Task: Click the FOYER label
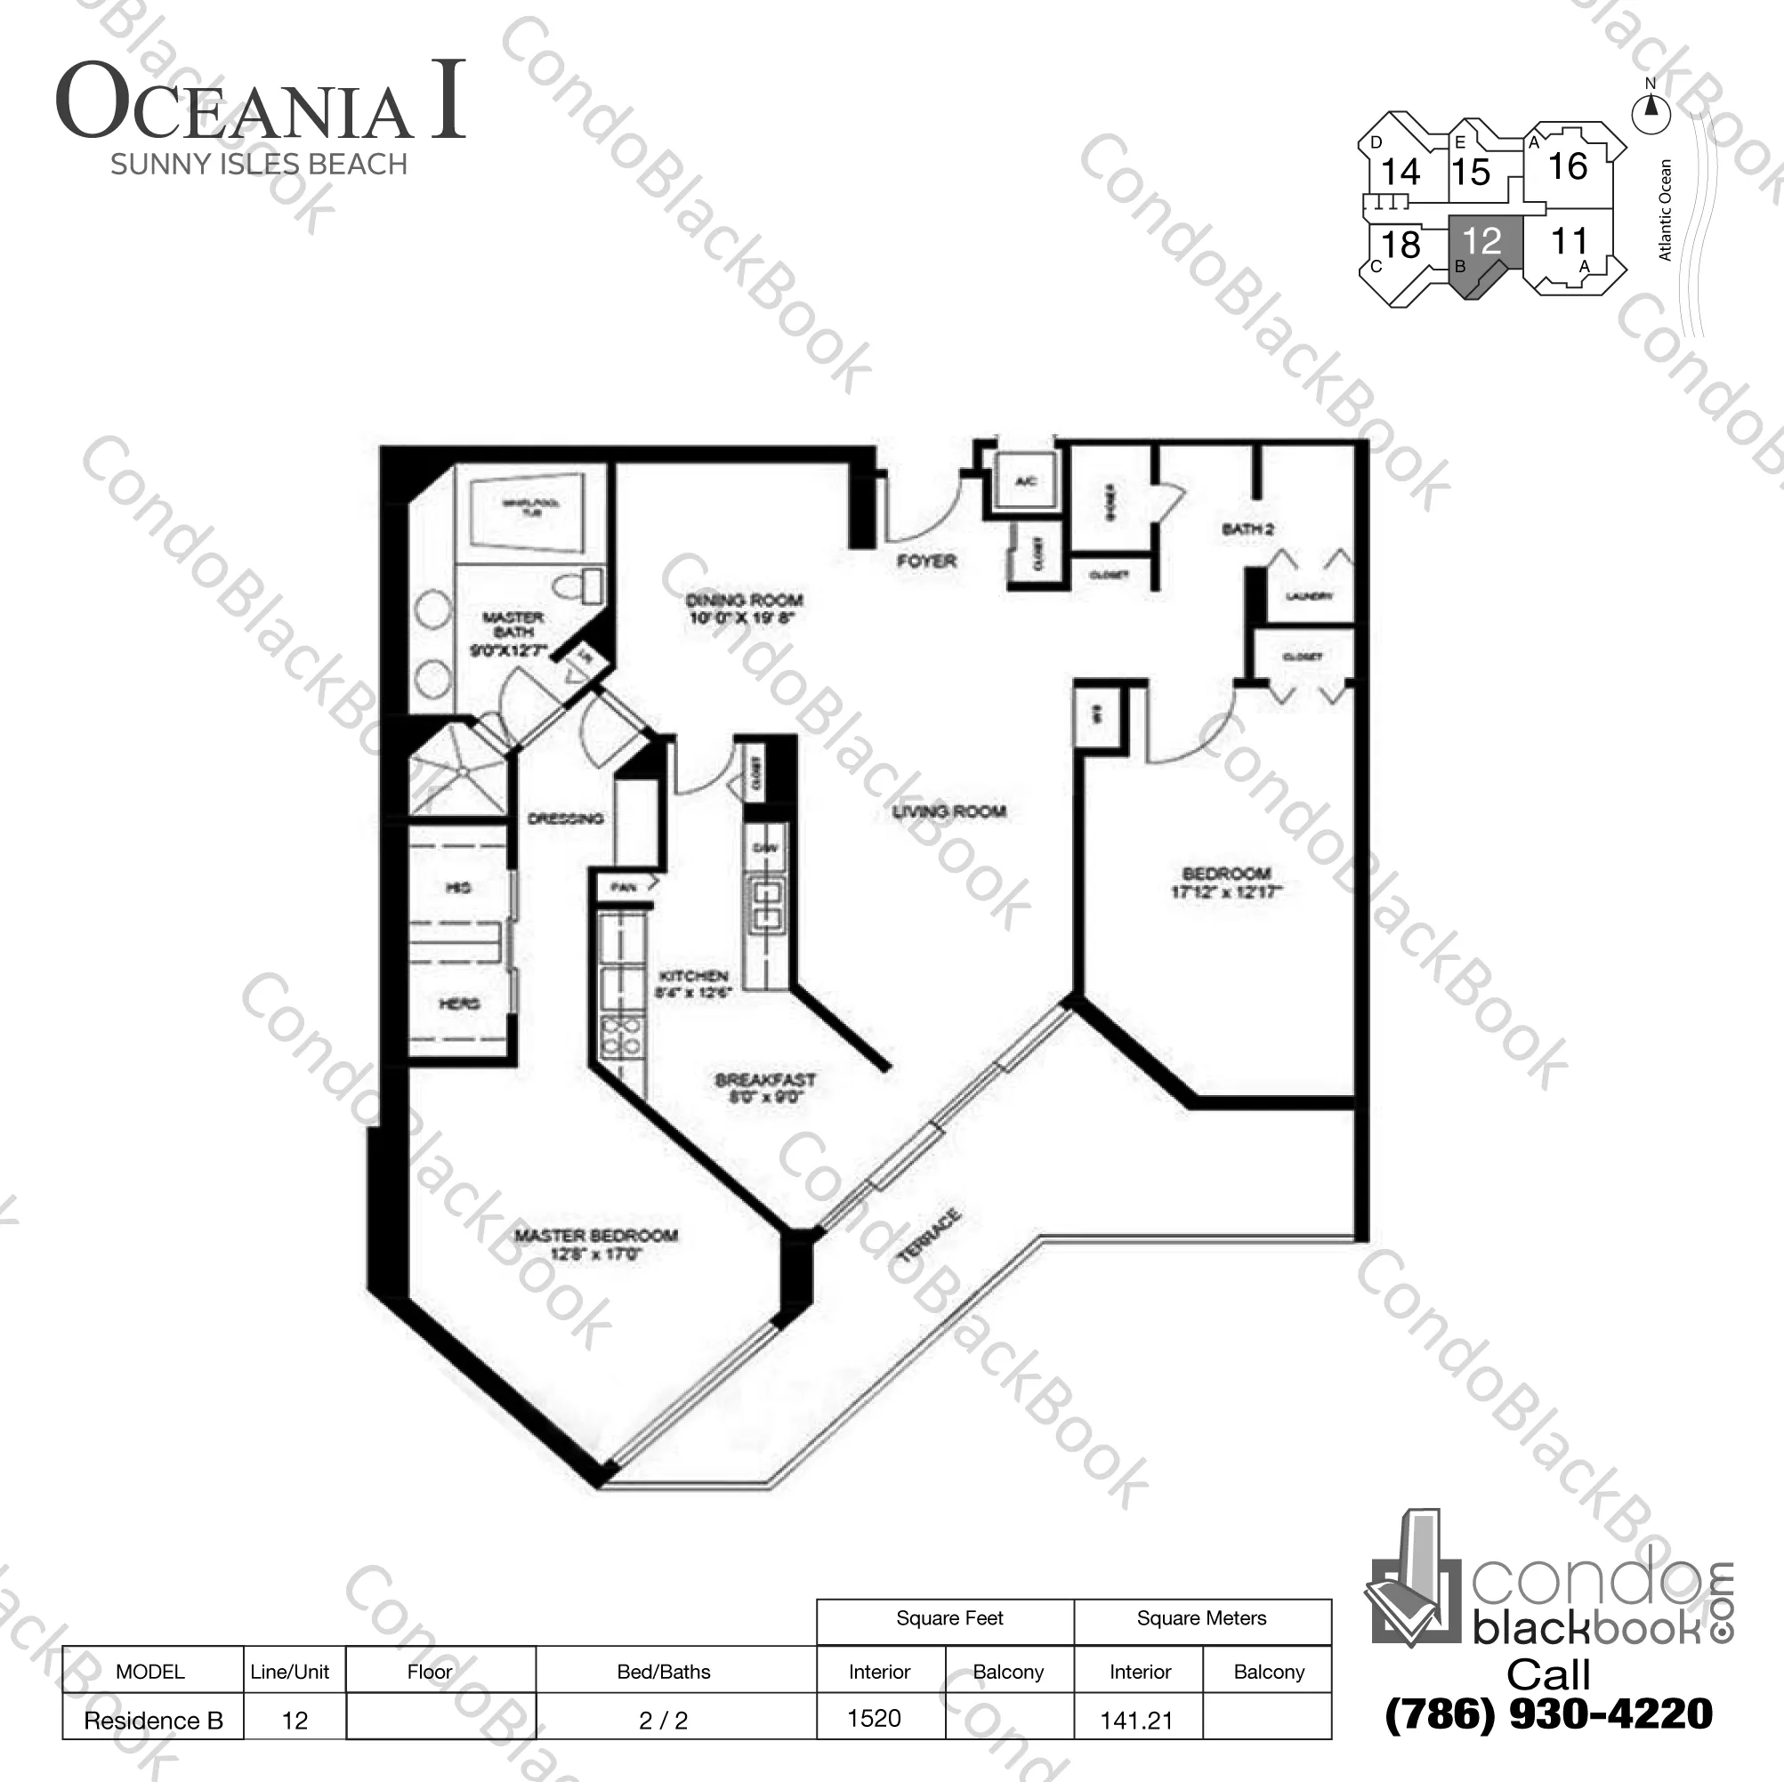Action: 926,561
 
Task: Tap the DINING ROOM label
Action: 743,601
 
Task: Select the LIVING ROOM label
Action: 949,811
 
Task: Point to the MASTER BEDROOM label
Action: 595,1236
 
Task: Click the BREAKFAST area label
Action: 764,1079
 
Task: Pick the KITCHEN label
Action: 693,976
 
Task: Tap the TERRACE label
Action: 929,1236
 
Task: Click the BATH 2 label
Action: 1247,529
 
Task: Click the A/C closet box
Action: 1025,481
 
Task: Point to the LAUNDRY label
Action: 1310,596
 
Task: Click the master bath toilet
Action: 577,585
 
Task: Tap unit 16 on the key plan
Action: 1567,167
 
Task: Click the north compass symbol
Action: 1651,111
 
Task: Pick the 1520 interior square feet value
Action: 874,1718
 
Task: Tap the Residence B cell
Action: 153,1720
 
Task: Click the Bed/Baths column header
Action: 663,1671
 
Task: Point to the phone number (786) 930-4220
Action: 1548,1713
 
